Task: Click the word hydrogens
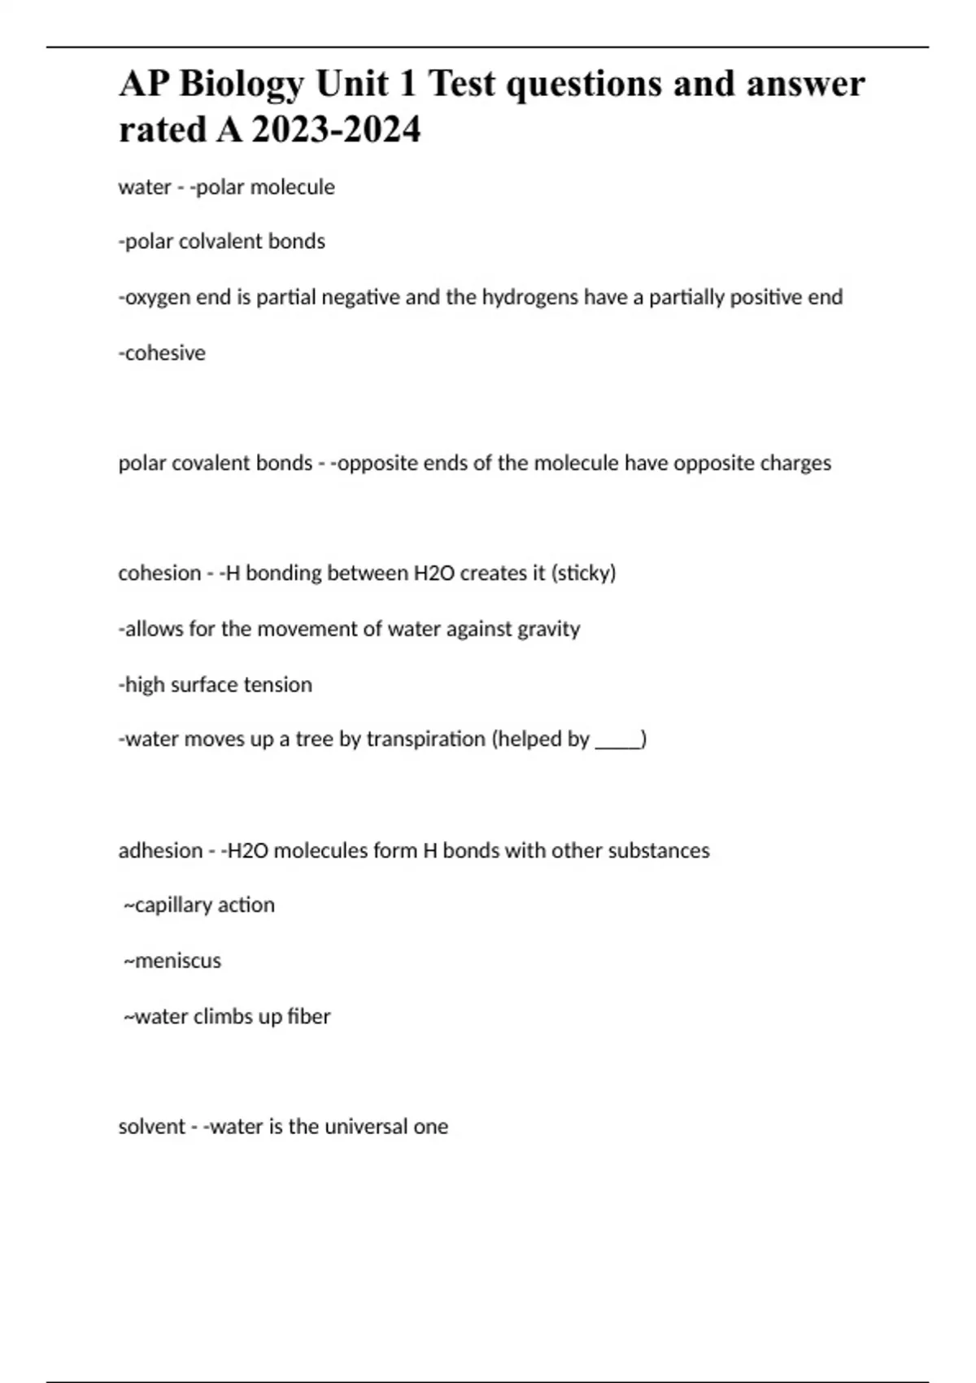pyautogui.click(x=530, y=298)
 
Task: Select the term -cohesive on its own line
pyautogui.click(x=162, y=353)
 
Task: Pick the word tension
pyautogui.click(x=280, y=685)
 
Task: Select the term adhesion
pyautogui.click(x=160, y=851)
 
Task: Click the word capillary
pyautogui.click(x=169, y=905)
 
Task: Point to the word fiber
pyautogui.click(x=308, y=1017)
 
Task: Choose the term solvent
pyautogui.click(x=151, y=1127)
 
